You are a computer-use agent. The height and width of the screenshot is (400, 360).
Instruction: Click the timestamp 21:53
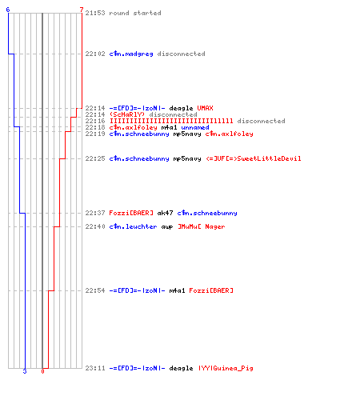95,13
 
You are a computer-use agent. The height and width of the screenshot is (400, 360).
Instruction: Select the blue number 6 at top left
8,10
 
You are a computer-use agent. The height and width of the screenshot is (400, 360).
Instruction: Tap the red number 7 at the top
82,10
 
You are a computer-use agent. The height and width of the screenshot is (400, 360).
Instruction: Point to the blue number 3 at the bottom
25,371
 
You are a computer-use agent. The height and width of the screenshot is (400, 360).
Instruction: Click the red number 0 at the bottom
42,371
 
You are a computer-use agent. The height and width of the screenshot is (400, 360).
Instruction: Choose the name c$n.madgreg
131,54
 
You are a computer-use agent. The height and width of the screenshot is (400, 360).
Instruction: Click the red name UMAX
205,108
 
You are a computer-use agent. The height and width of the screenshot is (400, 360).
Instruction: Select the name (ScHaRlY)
127,114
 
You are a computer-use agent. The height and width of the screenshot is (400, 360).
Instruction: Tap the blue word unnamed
195,127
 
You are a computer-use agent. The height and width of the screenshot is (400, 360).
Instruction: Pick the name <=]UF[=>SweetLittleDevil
254,158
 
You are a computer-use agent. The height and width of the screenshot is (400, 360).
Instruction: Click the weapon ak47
165,213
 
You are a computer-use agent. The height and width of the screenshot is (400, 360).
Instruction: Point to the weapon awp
167,227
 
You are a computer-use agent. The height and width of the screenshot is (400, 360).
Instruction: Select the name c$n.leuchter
133,226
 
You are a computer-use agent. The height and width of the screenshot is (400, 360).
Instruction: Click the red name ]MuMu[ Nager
202,226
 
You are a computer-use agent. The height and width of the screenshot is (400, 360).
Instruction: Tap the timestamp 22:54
95,290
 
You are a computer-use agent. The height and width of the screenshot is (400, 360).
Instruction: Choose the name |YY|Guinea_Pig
226,368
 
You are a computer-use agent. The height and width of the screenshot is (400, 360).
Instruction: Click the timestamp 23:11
95,368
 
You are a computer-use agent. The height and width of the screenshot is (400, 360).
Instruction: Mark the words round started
135,13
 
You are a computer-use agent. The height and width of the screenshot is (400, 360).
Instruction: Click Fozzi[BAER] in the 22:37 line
131,213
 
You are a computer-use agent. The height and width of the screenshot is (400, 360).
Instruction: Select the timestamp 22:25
95,158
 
